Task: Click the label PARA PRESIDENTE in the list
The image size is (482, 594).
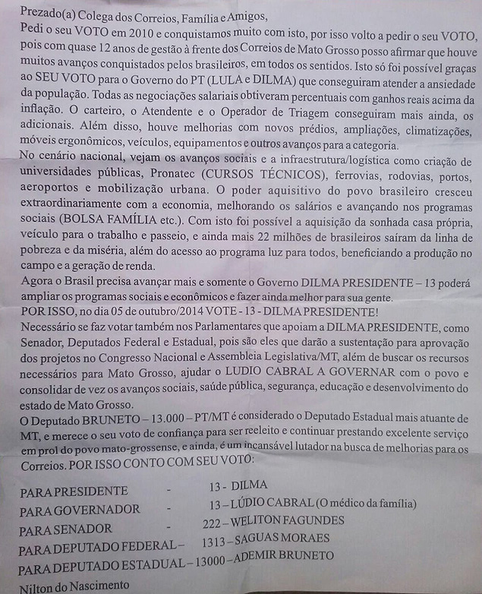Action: point(74,491)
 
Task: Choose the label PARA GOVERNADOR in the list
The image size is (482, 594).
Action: point(79,510)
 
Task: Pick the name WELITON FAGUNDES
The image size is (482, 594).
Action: point(288,522)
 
